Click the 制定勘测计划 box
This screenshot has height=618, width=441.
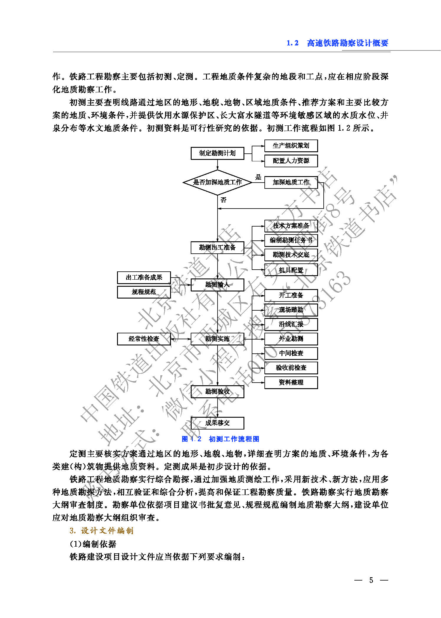click(217, 153)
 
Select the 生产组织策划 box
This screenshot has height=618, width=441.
click(291, 145)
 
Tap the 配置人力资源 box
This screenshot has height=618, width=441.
click(291, 161)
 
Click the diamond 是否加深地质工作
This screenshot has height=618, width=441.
click(217, 182)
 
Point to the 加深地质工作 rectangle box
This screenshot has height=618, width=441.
click(291, 182)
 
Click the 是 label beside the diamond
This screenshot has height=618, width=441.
click(258, 177)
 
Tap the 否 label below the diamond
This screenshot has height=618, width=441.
click(223, 200)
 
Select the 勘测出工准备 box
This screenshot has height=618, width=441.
click(217, 247)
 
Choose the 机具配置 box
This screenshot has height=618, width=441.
click(291, 270)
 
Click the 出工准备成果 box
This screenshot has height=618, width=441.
click(144, 277)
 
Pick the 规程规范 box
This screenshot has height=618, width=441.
click(144, 292)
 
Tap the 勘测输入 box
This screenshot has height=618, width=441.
click(217, 285)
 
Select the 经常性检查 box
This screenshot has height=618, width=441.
click(144, 339)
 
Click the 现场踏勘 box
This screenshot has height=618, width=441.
click(291, 310)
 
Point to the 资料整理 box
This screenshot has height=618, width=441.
click(291, 382)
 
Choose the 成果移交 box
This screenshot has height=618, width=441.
click(217, 423)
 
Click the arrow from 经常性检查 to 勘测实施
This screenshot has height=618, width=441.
click(181, 339)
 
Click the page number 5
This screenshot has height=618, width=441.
click(371, 580)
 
